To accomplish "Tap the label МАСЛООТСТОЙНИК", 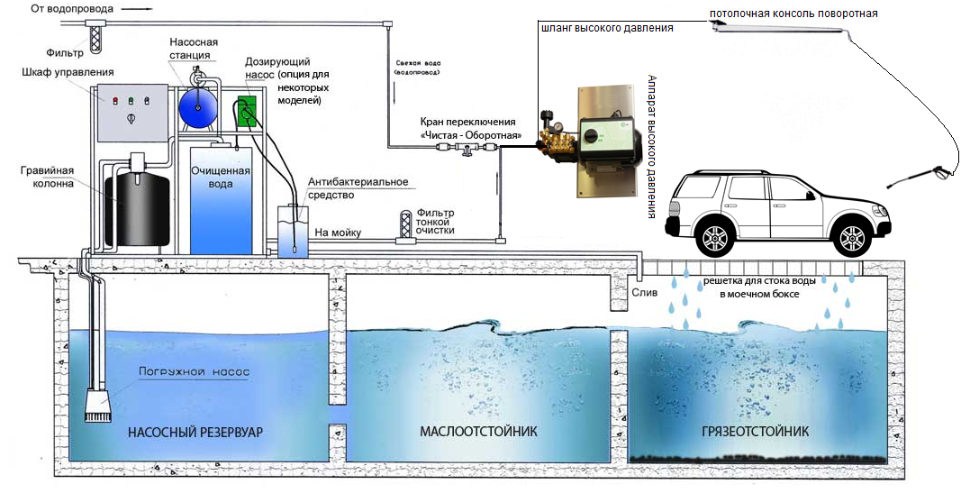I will coord(478,432).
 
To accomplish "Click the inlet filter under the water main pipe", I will coord(97,36).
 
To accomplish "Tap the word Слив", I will coord(645,293).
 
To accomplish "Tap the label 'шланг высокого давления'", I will coord(606,29).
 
